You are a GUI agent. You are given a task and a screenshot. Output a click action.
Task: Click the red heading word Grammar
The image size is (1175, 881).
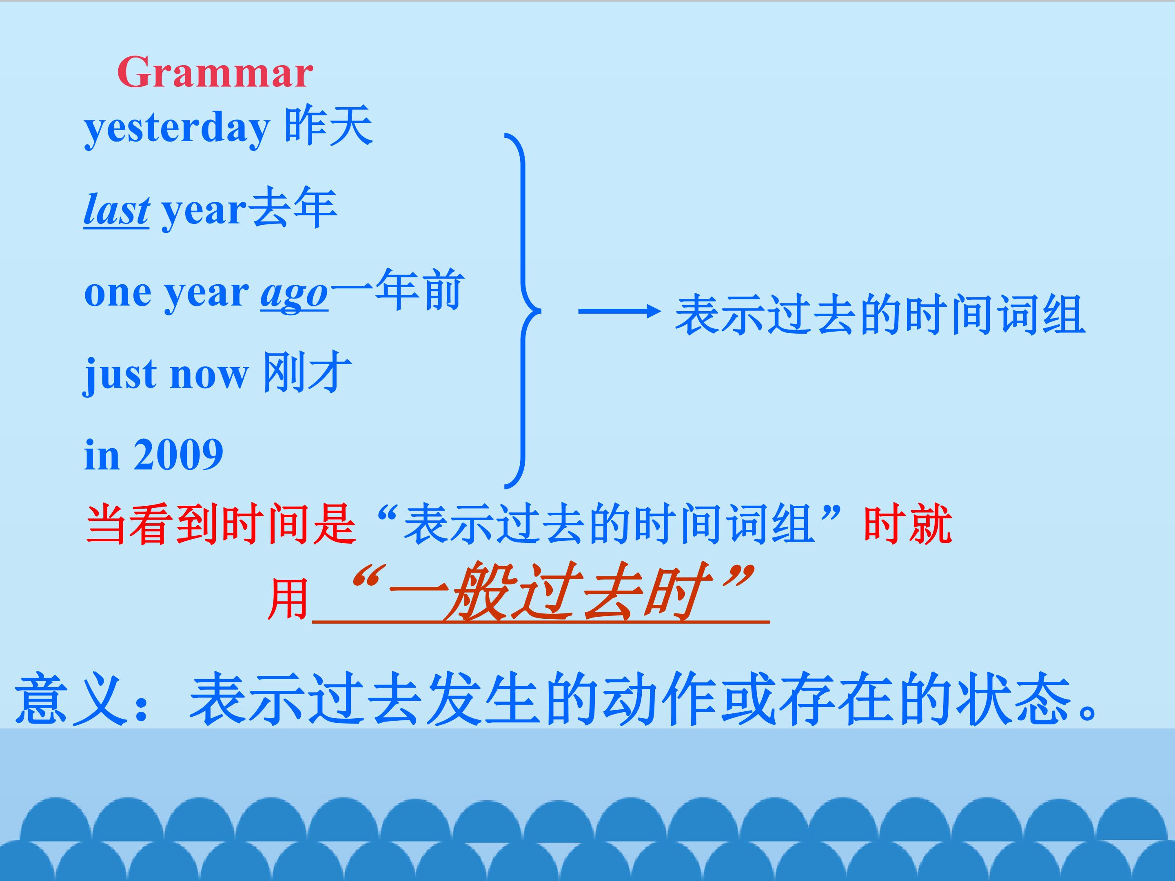coord(215,73)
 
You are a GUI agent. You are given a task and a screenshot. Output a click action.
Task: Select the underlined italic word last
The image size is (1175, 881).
coord(116,210)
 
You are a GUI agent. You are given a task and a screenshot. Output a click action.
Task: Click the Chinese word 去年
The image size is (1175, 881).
coord(292,208)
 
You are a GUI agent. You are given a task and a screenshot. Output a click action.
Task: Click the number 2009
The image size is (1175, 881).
coord(178,455)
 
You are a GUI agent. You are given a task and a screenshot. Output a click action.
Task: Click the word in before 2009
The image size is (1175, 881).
coord(101,455)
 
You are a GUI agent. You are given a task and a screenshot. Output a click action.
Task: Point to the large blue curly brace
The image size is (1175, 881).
coord(522,311)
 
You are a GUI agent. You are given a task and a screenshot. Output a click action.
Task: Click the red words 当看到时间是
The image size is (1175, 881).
coord(220,524)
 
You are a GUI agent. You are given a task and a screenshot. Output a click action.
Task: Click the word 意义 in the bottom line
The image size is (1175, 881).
coord(72,699)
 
